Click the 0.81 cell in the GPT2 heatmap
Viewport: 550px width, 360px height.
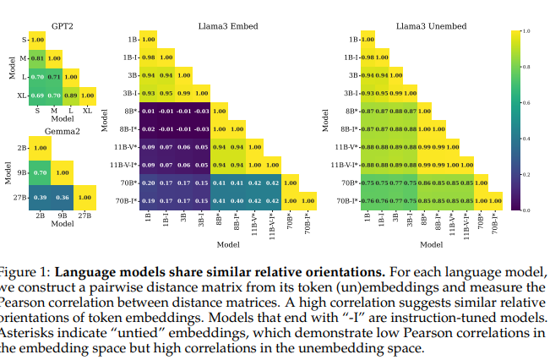[x=37, y=57]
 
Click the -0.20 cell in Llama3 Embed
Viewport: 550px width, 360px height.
[x=148, y=183]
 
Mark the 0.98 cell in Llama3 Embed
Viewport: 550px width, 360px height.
[x=148, y=57]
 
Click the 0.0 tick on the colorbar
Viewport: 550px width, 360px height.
[x=526, y=209]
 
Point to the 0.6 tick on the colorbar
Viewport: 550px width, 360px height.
[x=526, y=101]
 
